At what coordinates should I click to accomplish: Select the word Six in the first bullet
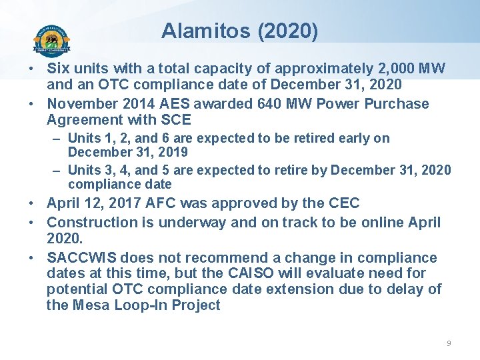point(59,69)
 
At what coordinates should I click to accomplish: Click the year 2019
point(174,152)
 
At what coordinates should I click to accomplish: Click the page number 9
point(448,343)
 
